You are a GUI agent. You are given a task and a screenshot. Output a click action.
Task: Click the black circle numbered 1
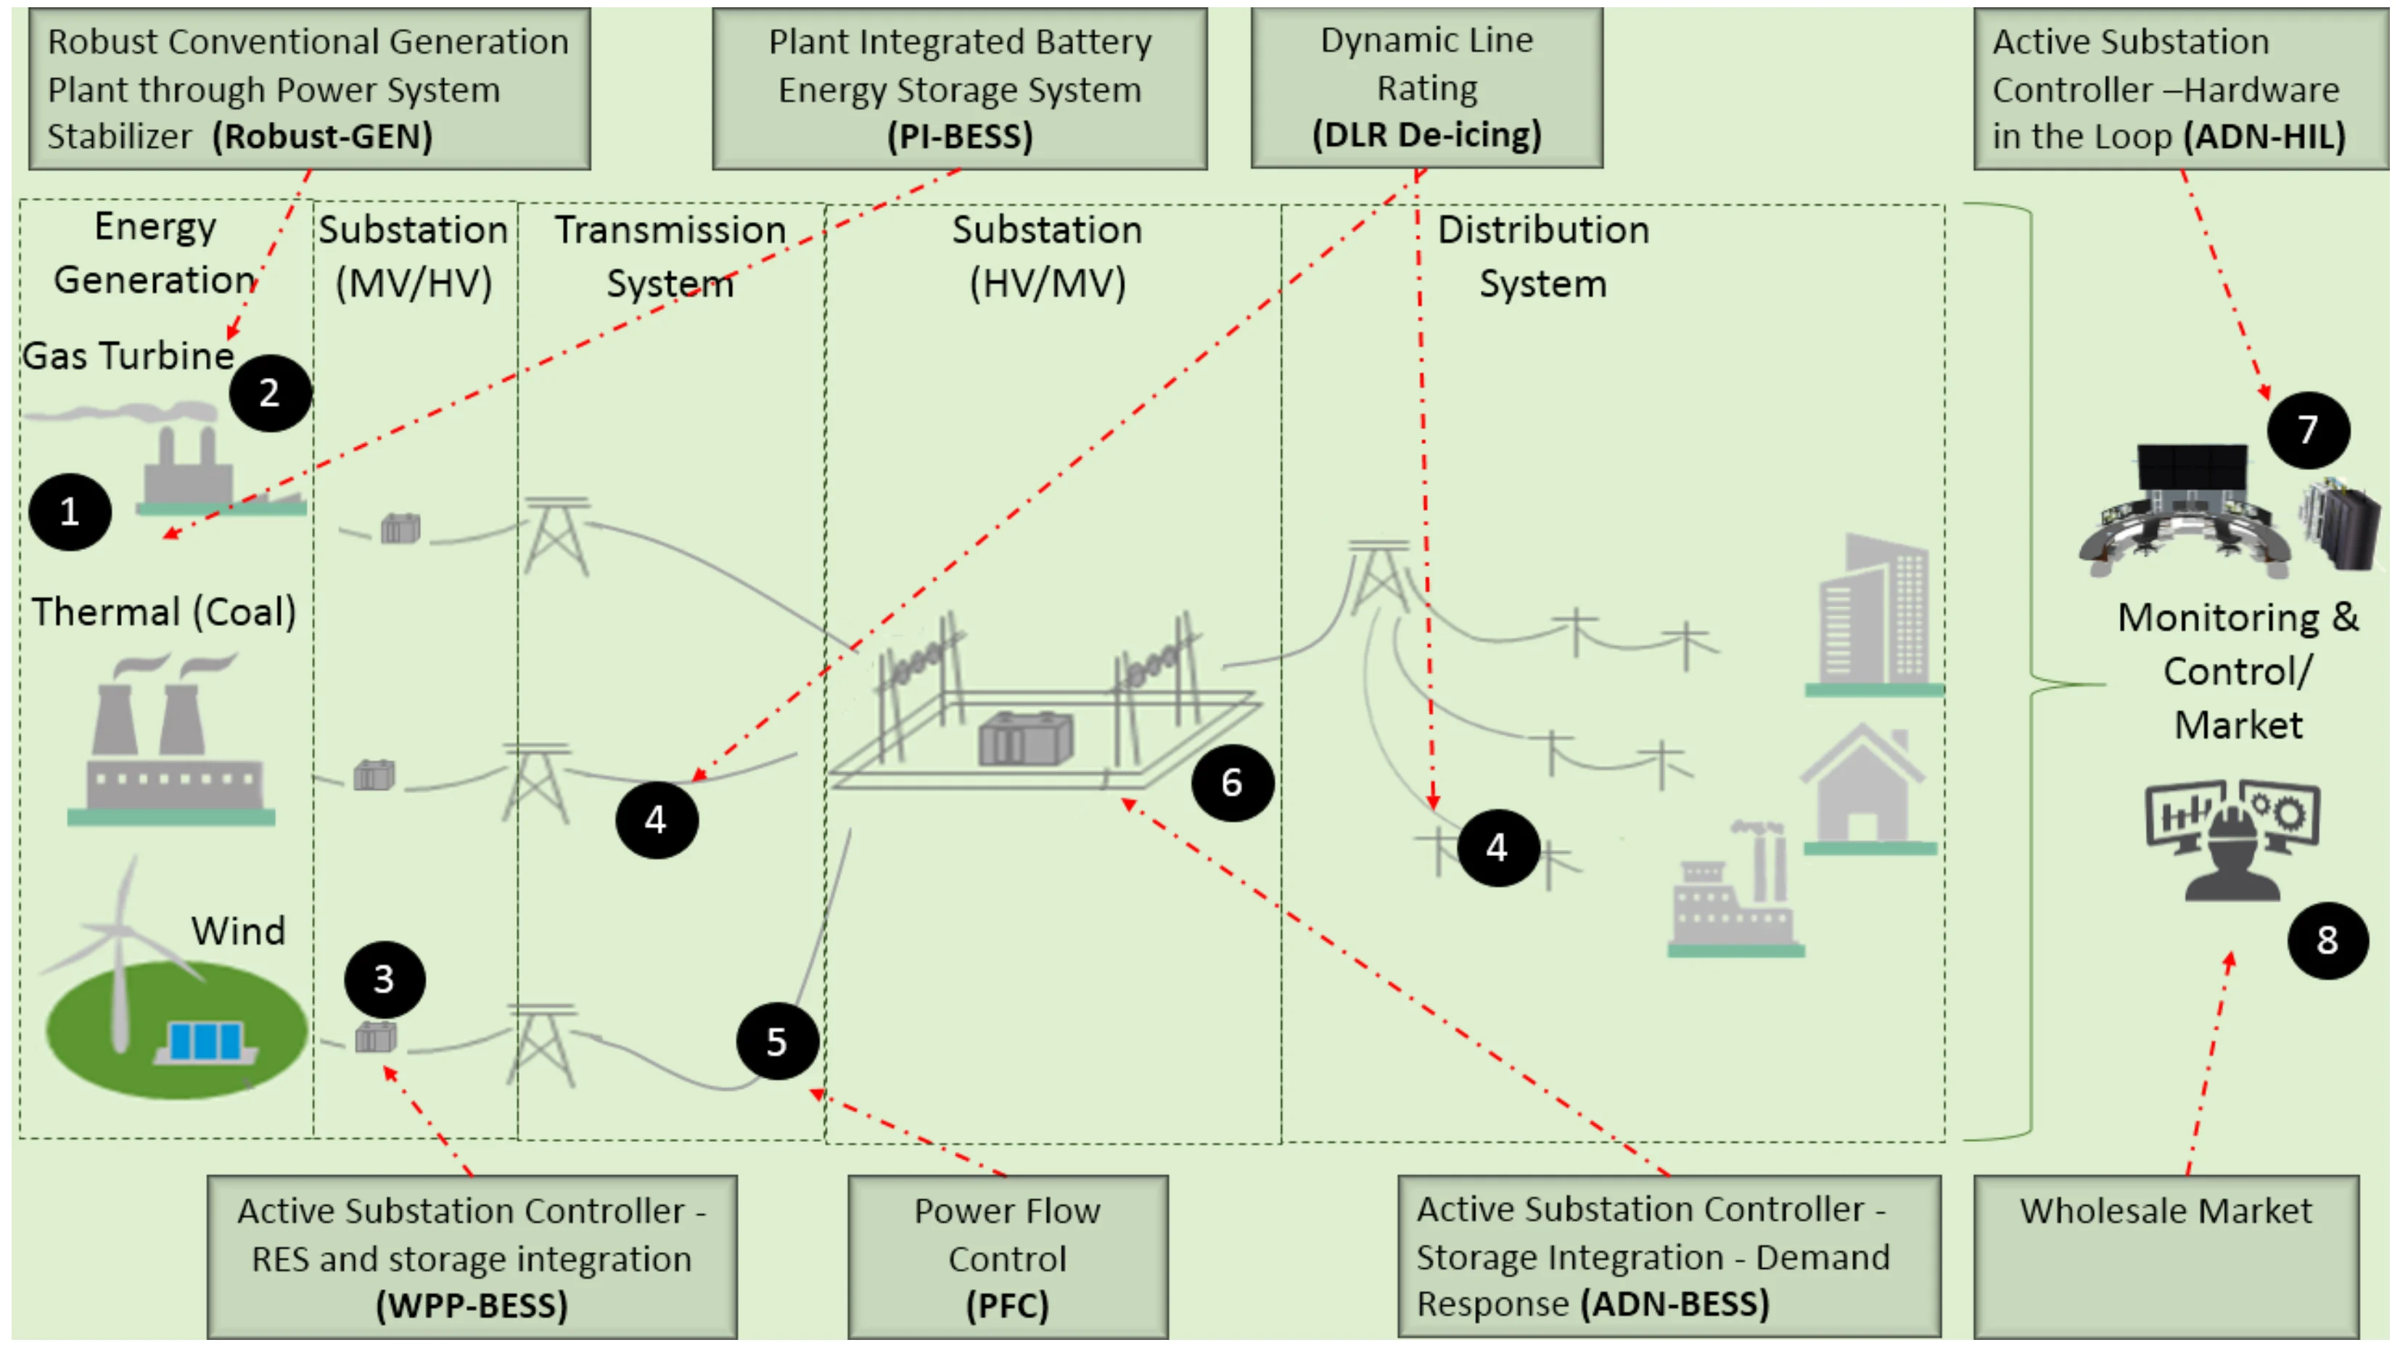[70, 512]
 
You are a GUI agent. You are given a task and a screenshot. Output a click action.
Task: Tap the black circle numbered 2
[270, 393]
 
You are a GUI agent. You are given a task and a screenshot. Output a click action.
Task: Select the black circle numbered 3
[384, 979]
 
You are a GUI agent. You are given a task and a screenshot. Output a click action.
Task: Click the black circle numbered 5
[777, 1042]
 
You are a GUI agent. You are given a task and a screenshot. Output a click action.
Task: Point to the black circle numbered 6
[1232, 783]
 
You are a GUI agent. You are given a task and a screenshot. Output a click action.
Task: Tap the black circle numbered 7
[2308, 430]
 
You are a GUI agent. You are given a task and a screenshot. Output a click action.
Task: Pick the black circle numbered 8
[2327, 940]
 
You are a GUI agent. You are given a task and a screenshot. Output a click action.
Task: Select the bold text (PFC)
[1007, 1305]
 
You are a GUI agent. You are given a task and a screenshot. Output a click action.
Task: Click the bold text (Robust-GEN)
[322, 137]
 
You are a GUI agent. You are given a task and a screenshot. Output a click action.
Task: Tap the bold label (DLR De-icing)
[1426, 135]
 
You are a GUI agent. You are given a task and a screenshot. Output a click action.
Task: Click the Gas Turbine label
[128, 356]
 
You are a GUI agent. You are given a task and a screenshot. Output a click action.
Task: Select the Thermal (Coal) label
[164, 612]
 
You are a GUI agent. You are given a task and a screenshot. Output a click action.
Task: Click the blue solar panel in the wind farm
[205, 1041]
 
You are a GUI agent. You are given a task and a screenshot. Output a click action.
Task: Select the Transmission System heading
[670, 256]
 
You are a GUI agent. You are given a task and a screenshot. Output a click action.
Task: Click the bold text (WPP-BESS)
[472, 1305]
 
